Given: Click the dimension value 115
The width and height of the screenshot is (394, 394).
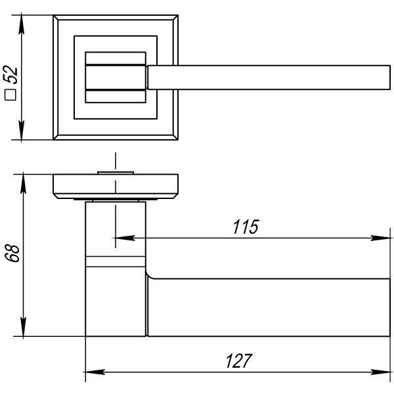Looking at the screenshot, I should coord(246,227).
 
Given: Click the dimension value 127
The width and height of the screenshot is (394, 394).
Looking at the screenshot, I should coord(238,361).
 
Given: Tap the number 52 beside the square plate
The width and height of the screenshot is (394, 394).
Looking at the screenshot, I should coord(11,78).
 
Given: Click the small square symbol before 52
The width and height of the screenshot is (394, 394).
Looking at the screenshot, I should coord(11,96).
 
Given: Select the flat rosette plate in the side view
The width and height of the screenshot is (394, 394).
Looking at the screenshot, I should coord(116,186).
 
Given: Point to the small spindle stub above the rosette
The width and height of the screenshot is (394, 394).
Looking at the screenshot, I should coord(116,172).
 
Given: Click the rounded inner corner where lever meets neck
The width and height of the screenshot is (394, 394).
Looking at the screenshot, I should coord(149,274).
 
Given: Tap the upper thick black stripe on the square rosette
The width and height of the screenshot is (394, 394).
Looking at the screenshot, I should coord(116,66).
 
